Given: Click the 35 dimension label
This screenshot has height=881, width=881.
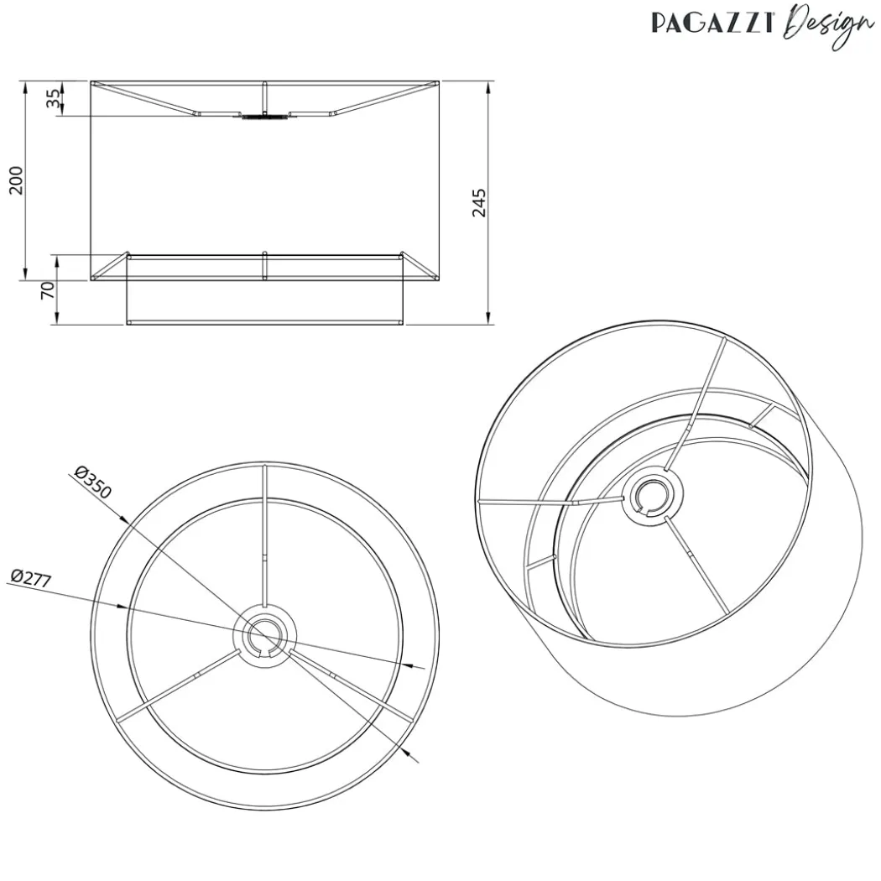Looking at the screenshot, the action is (x=53, y=100).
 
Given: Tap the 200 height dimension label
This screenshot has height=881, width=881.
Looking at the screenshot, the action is (x=16, y=180).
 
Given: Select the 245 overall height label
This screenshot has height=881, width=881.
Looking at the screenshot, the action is (x=479, y=203).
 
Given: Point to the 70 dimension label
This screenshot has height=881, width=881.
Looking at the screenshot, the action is (x=49, y=290).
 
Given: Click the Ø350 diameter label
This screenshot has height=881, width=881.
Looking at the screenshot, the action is (x=92, y=482).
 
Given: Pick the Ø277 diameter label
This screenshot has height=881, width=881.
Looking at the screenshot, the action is (x=32, y=578).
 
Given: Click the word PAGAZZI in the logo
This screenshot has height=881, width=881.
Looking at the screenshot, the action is (x=712, y=23).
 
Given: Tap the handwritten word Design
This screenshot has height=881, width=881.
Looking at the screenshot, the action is (x=829, y=25).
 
